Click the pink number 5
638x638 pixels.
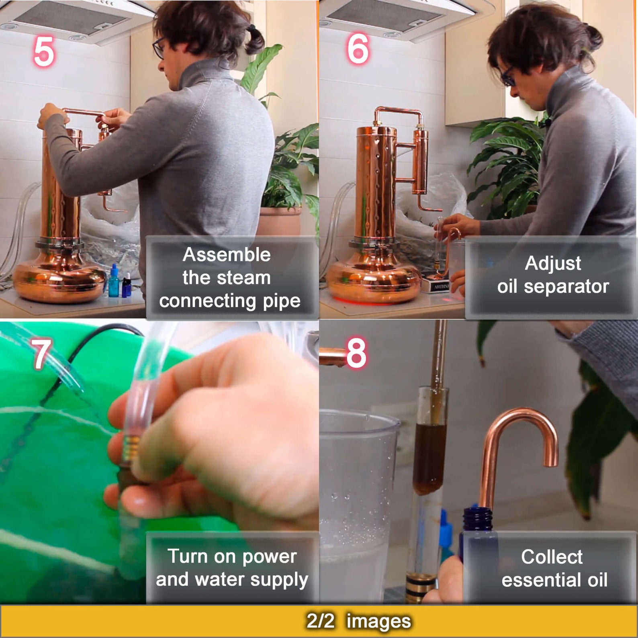coord(43,51)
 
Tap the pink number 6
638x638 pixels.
coord(358,49)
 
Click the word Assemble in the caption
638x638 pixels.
coord(227,255)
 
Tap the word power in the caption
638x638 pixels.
coord(270,557)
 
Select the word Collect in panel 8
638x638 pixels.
coord(552,557)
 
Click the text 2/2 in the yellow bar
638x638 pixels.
coord(320,621)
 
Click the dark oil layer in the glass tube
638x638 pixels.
coord(429,458)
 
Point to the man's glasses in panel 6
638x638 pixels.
coord(507,76)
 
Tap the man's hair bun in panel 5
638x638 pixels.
coord(254,40)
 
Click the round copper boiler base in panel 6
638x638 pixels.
coord(374,281)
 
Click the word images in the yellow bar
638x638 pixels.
coord(378,621)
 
